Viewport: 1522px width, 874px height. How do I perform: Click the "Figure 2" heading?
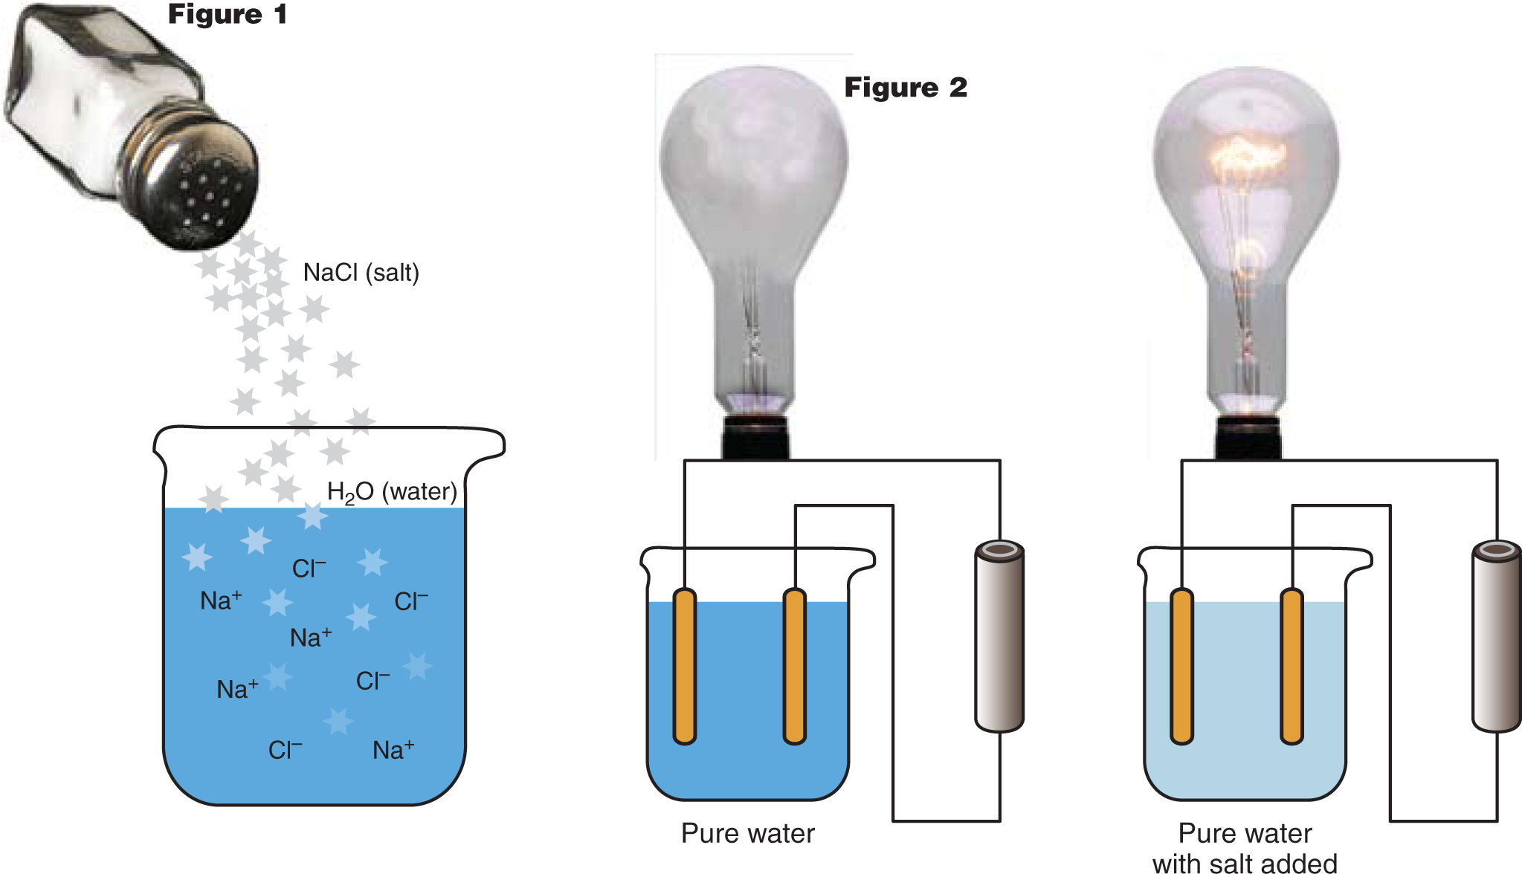pyautogui.click(x=906, y=88)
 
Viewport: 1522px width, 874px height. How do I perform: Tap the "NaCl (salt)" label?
pyautogui.click(x=361, y=273)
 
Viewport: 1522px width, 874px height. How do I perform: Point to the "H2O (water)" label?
pyautogui.click(x=392, y=492)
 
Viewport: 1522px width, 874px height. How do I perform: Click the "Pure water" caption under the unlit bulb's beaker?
pyautogui.click(x=747, y=833)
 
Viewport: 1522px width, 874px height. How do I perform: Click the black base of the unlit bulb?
pyautogui.click(x=754, y=438)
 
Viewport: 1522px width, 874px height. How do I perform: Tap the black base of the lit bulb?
pyautogui.click(x=1248, y=438)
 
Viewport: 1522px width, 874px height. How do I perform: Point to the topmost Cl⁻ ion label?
pyautogui.click(x=309, y=569)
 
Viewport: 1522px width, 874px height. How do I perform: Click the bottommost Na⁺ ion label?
pyautogui.click(x=393, y=750)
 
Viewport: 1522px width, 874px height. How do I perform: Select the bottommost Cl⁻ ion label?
pyautogui.click(x=286, y=750)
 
